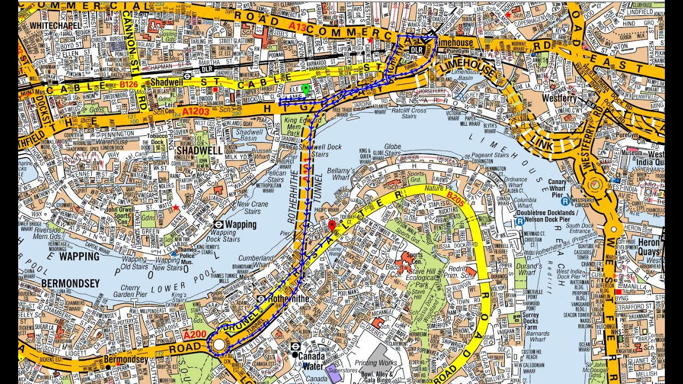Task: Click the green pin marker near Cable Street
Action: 305,90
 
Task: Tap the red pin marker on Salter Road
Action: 331,226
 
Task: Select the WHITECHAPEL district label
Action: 55,25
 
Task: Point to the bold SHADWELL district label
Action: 198,150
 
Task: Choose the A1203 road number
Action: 196,112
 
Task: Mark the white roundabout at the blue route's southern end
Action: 219,345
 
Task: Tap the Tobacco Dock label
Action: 157,138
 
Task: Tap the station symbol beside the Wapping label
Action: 218,225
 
